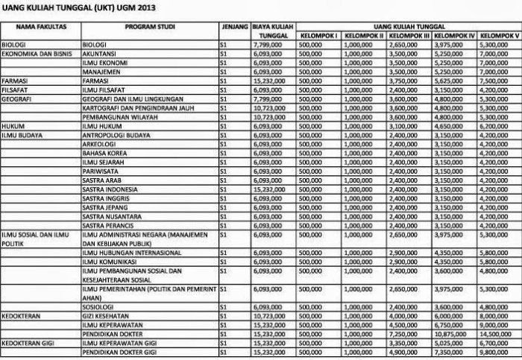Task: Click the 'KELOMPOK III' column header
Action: (409, 36)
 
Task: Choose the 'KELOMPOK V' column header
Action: (499, 36)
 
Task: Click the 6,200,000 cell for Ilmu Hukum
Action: (497, 124)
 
